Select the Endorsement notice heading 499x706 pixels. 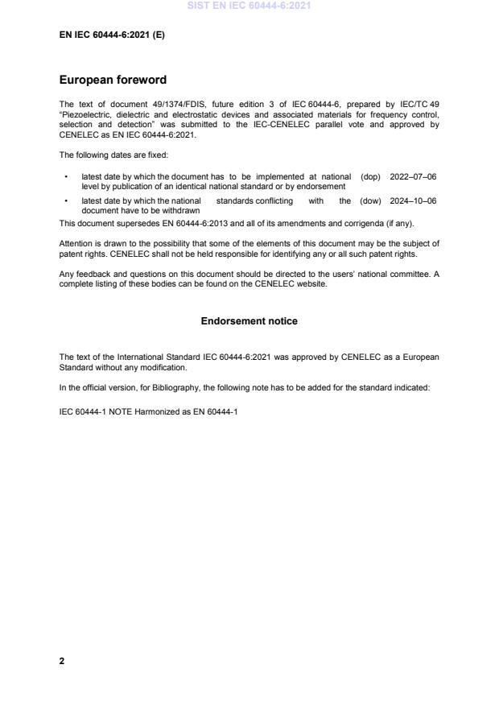[249, 321]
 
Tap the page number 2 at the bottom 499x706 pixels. [62, 661]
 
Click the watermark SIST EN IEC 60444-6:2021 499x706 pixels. [249, 6]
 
